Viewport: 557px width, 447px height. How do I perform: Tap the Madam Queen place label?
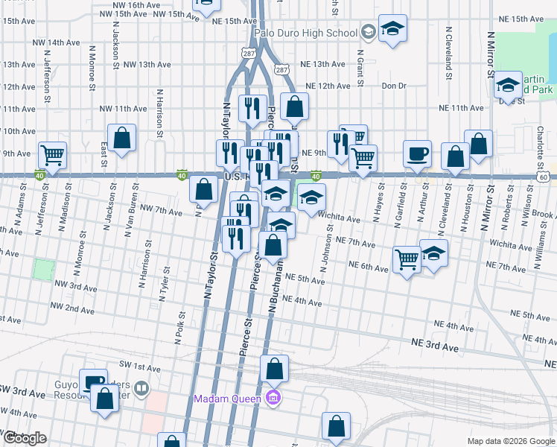[227, 398]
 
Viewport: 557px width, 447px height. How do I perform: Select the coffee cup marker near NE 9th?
[417, 153]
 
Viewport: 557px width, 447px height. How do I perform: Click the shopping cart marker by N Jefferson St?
[52, 156]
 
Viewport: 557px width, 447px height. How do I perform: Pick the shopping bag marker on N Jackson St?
[121, 137]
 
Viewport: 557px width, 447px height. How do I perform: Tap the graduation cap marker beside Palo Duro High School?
[392, 29]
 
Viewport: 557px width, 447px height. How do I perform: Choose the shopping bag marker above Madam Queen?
[274, 368]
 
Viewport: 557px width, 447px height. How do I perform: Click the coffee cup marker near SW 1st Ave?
[93, 381]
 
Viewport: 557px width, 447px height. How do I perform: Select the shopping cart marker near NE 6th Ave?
[407, 259]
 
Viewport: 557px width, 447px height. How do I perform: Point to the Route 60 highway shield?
[545, 177]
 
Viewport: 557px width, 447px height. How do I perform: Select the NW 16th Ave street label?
[134, 4]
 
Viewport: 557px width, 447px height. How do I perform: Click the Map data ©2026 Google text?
[512, 441]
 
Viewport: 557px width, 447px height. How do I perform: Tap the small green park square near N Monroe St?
[44, 269]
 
